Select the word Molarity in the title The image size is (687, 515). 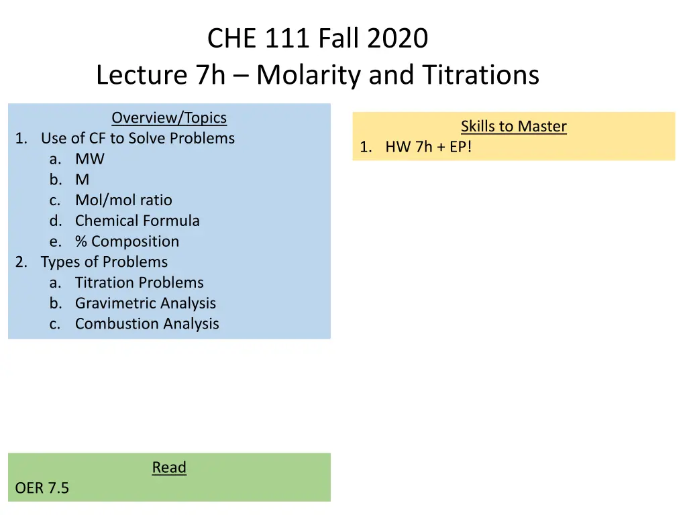tap(310, 74)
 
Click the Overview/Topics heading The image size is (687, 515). tap(169, 118)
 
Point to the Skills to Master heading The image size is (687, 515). tap(513, 126)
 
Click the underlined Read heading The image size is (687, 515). tap(169, 467)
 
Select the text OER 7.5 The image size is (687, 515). tap(42, 488)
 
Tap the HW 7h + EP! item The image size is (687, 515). tap(428, 147)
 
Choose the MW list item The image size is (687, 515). tap(90, 159)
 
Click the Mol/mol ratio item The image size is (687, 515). tap(123, 200)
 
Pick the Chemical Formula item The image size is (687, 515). tap(137, 221)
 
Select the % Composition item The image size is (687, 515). tap(127, 241)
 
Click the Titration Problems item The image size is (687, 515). tap(139, 282)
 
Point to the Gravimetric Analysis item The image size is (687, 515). tap(145, 303)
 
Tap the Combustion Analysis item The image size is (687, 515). tap(147, 324)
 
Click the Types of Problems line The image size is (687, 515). tap(104, 262)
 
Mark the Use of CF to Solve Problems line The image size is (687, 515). tap(138, 138)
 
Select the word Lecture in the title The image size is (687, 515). tap(142, 74)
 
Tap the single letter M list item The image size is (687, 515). tap(82, 180)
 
